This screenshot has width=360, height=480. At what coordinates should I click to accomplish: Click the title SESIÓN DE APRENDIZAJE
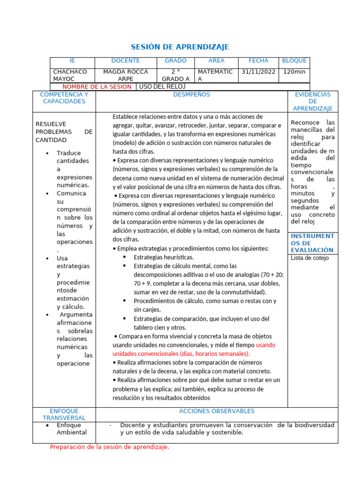180,47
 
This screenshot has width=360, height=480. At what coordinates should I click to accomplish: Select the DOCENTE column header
125,61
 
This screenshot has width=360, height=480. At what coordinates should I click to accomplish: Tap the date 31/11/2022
258,72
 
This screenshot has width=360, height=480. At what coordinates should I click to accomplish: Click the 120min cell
294,72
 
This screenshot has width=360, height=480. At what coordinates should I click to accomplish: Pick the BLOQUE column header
294,61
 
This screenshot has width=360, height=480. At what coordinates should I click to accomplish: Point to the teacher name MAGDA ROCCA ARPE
125,75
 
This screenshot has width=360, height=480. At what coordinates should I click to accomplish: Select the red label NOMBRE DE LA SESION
97,87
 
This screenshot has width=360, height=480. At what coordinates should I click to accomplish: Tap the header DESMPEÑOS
192,95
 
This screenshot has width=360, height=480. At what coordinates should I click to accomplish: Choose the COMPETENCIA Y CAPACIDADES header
64,98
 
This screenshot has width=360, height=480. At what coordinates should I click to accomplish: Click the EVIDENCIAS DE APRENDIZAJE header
313,101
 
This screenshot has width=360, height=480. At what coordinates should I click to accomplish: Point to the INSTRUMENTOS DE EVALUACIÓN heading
312,243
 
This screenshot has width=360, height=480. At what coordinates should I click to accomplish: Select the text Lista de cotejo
310,258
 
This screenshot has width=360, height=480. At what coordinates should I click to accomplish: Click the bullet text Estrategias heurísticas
164,257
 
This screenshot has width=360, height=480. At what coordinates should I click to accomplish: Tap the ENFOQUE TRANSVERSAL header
64,414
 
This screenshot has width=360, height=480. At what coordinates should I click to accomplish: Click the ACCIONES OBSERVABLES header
217,411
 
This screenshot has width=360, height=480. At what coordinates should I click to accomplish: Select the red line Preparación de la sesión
109,447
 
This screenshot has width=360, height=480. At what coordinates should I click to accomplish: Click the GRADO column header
176,61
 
